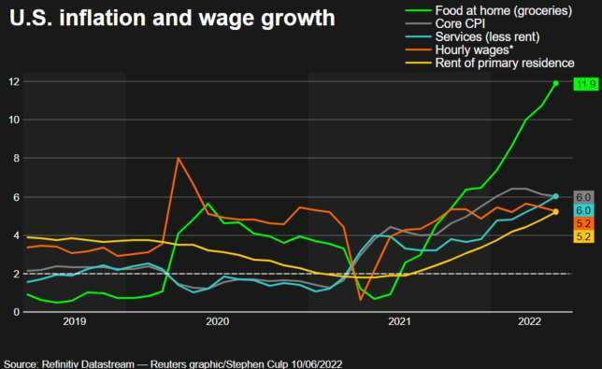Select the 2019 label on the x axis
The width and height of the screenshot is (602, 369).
(74, 321)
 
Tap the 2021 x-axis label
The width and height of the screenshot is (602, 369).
(399, 321)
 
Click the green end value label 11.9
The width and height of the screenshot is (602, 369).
(585, 84)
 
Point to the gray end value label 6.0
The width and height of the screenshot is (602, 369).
(582, 197)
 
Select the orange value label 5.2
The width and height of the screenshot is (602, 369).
(582, 223)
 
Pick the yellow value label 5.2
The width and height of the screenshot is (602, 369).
(582, 237)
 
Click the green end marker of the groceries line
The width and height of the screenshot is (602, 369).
(556, 83)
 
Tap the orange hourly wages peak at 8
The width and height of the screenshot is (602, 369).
(178, 158)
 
